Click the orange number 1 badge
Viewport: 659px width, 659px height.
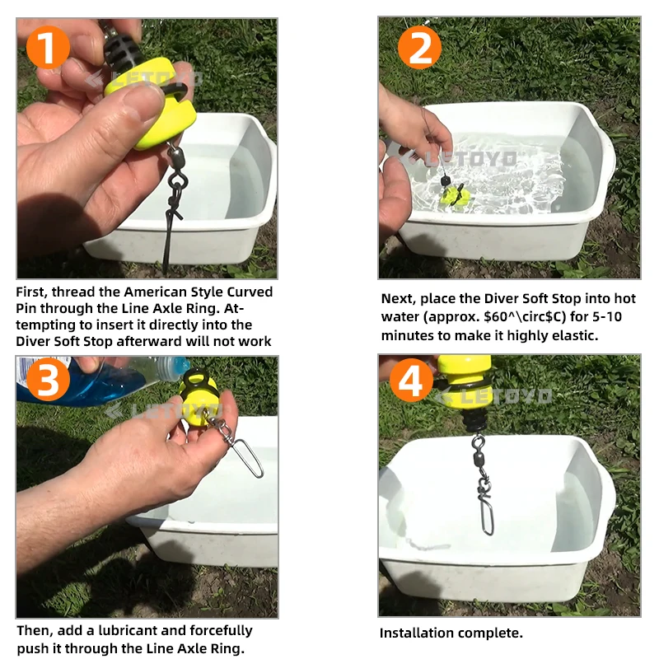48,47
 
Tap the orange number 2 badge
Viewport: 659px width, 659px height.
419,47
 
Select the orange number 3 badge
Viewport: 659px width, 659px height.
48,380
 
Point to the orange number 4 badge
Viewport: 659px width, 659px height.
411,380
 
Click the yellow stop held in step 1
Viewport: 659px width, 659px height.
152,103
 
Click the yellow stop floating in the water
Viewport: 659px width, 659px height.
454,196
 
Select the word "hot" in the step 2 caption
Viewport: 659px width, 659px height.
624,298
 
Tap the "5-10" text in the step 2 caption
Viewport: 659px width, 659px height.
607,316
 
